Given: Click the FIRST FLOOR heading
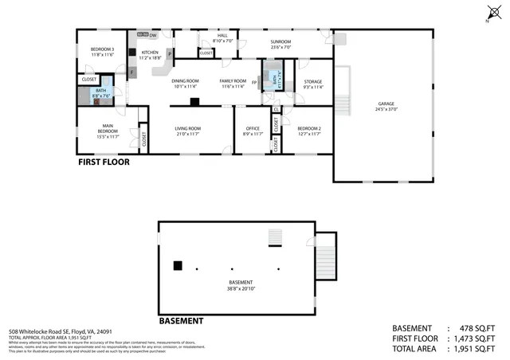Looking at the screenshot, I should click(104, 162).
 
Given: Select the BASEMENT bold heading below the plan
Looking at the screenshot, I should click(181, 321).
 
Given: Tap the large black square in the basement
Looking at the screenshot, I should click(178, 266).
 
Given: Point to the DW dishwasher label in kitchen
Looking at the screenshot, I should click(152, 35).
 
